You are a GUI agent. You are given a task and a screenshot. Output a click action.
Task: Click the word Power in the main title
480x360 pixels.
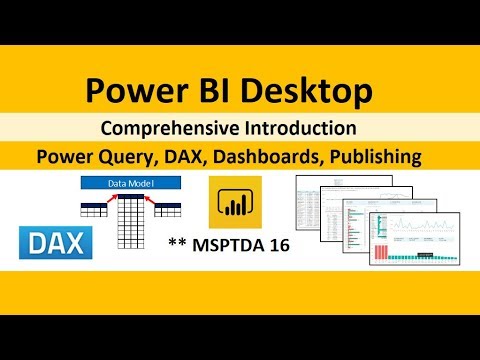132,92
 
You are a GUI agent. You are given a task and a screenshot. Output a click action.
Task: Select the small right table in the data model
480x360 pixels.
168,208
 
